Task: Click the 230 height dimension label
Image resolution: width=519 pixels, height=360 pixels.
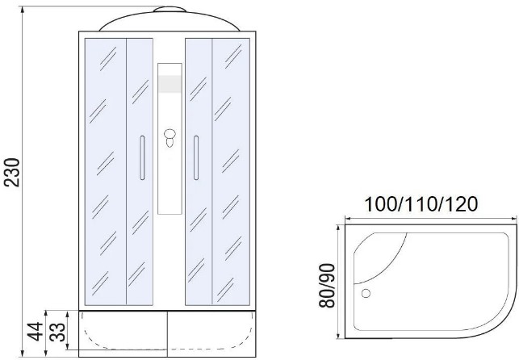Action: pyautogui.click(x=12, y=173)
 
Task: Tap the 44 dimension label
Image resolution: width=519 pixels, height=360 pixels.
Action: pyautogui.click(x=35, y=331)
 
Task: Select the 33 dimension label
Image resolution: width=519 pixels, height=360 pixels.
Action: pyautogui.click(x=59, y=332)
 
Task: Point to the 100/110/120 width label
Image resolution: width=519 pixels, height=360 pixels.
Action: pyautogui.click(x=421, y=204)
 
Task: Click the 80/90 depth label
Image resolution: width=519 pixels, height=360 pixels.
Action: pyautogui.click(x=327, y=286)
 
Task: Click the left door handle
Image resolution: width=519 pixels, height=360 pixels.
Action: pyautogui.click(x=142, y=157)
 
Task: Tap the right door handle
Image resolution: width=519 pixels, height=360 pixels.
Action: pyautogui.click(x=196, y=157)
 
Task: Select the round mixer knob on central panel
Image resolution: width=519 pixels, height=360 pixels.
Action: pyautogui.click(x=170, y=134)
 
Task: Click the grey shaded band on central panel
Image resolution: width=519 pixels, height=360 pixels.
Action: pyautogui.click(x=170, y=84)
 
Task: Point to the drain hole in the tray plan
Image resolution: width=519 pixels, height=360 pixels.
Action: pyautogui.click(x=366, y=293)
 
